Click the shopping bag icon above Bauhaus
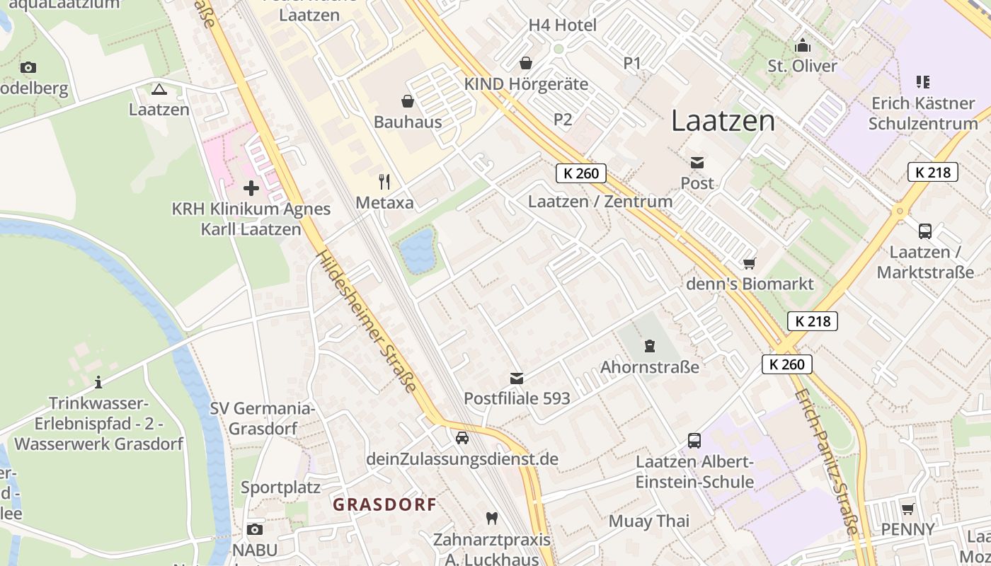tap(408, 101)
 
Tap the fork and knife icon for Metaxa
tap(384, 182)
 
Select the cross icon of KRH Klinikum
tap(251, 188)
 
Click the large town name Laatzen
tap(723, 121)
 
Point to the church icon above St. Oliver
tap(803, 46)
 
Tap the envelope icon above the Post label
tap(697, 163)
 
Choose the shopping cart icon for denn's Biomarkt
tap(750, 263)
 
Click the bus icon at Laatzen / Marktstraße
tap(925, 231)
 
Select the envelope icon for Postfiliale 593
tap(517, 379)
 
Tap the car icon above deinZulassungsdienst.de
tap(462, 438)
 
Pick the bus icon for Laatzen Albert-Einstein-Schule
tap(694, 441)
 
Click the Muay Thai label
tap(649, 521)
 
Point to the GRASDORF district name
tap(384, 504)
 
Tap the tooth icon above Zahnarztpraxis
tap(491, 518)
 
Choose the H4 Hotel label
tap(563, 25)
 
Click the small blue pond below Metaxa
tap(417, 250)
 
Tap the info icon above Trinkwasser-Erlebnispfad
tap(98, 383)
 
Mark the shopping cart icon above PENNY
tap(907, 509)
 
